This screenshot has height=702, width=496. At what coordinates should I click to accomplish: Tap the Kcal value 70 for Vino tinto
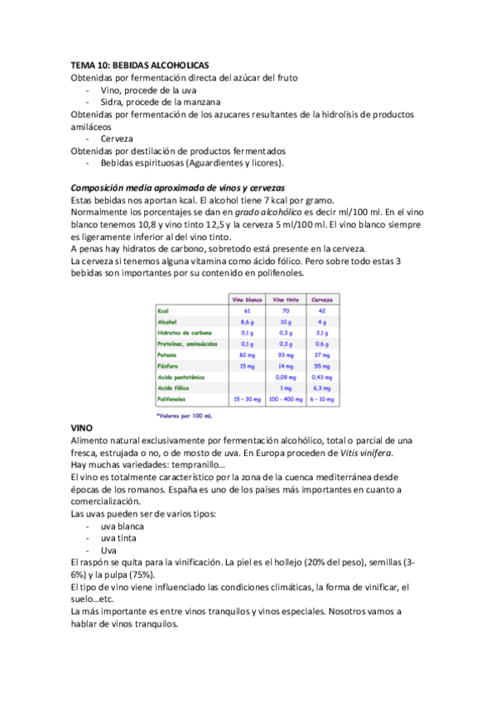285,310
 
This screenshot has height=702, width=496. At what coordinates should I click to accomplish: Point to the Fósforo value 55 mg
322,365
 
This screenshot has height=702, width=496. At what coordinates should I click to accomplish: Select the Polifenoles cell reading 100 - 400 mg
285,398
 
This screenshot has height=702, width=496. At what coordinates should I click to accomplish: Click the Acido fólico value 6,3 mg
322,387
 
